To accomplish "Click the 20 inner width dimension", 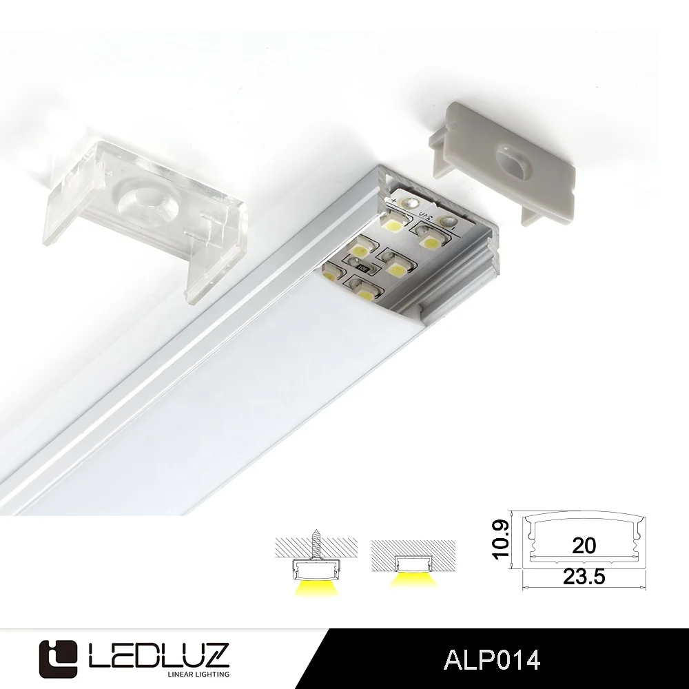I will point(584,546).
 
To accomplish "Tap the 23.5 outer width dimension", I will point(584,577).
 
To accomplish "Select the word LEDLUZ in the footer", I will point(158,648).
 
